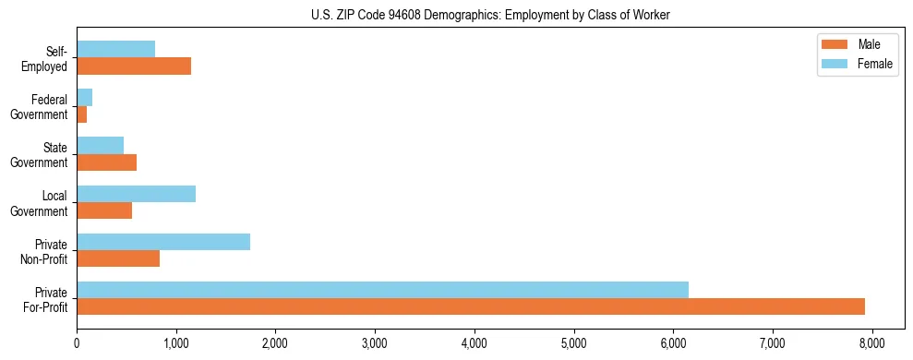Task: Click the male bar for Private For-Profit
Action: tap(471, 306)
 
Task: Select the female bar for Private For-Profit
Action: tap(382, 290)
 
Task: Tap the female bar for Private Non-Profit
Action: tap(163, 242)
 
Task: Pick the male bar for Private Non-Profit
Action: tap(118, 258)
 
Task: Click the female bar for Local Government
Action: tap(136, 194)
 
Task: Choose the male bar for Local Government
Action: tap(104, 210)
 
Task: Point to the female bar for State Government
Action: tap(100, 145)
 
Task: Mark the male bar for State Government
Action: tap(106, 162)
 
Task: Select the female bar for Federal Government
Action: tap(84, 97)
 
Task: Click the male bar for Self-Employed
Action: tap(134, 66)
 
